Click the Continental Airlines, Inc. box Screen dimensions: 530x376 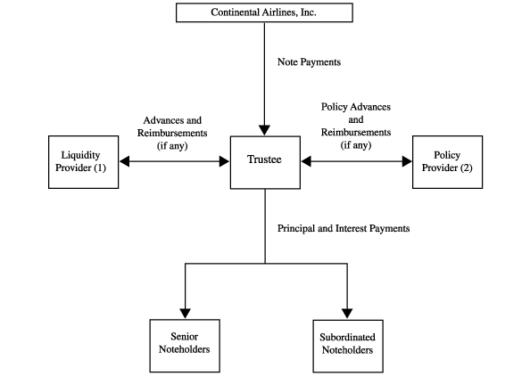point(264,12)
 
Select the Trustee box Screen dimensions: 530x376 point(265,162)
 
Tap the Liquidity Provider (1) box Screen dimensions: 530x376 point(84,162)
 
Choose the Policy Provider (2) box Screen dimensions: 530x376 point(448,162)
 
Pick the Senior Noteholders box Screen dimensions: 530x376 point(185,346)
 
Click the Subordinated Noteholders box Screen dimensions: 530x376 point(348,347)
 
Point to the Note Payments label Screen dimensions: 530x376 point(309,62)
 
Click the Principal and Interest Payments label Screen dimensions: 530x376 point(344,228)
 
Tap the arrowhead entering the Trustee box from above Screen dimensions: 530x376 point(264,130)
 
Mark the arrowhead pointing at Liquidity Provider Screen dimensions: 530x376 point(124,161)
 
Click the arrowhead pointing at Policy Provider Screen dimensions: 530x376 point(407,161)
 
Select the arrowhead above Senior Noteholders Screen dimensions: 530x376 point(185,314)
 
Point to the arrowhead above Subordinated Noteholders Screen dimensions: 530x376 point(347,314)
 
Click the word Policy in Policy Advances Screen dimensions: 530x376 point(334,107)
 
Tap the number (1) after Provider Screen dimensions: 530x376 point(100,168)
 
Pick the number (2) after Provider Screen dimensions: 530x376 point(466,168)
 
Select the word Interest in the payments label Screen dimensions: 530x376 point(351,228)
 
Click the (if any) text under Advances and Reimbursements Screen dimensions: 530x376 point(172,146)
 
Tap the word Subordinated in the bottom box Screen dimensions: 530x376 point(347,337)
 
